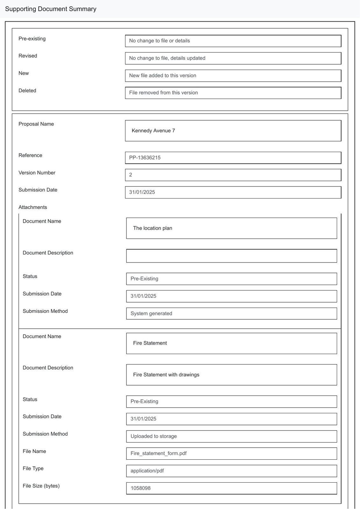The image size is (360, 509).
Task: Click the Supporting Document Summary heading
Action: pyautogui.click(x=51, y=9)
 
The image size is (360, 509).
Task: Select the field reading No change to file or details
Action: pyautogui.click(x=233, y=41)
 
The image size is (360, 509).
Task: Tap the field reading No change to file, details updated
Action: pyautogui.click(x=233, y=58)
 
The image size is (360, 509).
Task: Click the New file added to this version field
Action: pyautogui.click(x=233, y=76)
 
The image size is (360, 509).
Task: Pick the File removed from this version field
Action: pyautogui.click(x=233, y=93)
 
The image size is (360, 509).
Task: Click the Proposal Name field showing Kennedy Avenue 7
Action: pyautogui.click(x=233, y=131)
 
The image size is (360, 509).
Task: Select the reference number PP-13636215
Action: pyautogui.click(x=233, y=158)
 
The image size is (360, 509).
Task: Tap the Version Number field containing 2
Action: pyautogui.click(x=233, y=175)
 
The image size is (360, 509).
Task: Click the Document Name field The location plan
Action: pyautogui.click(x=231, y=228)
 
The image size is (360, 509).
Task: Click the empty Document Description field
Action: pyautogui.click(x=231, y=256)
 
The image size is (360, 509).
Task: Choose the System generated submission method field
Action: pyautogui.click(x=231, y=314)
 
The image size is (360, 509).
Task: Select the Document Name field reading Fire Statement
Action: pyautogui.click(x=231, y=343)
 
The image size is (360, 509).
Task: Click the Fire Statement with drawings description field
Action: pyautogui.click(x=231, y=375)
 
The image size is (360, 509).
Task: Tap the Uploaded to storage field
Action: pyautogui.click(x=231, y=436)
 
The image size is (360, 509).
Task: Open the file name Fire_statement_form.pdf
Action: pyautogui.click(x=231, y=454)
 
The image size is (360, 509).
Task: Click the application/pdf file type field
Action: pyautogui.click(x=231, y=471)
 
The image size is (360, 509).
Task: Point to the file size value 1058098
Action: pyautogui.click(x=231, y=488)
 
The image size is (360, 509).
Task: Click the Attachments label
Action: pyautogui.click(x=33, y=207)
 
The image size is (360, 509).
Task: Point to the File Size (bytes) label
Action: pyautogui.click(x=41, y=486)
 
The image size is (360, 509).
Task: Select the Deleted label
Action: pyautogui.click(x=27, y=91)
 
